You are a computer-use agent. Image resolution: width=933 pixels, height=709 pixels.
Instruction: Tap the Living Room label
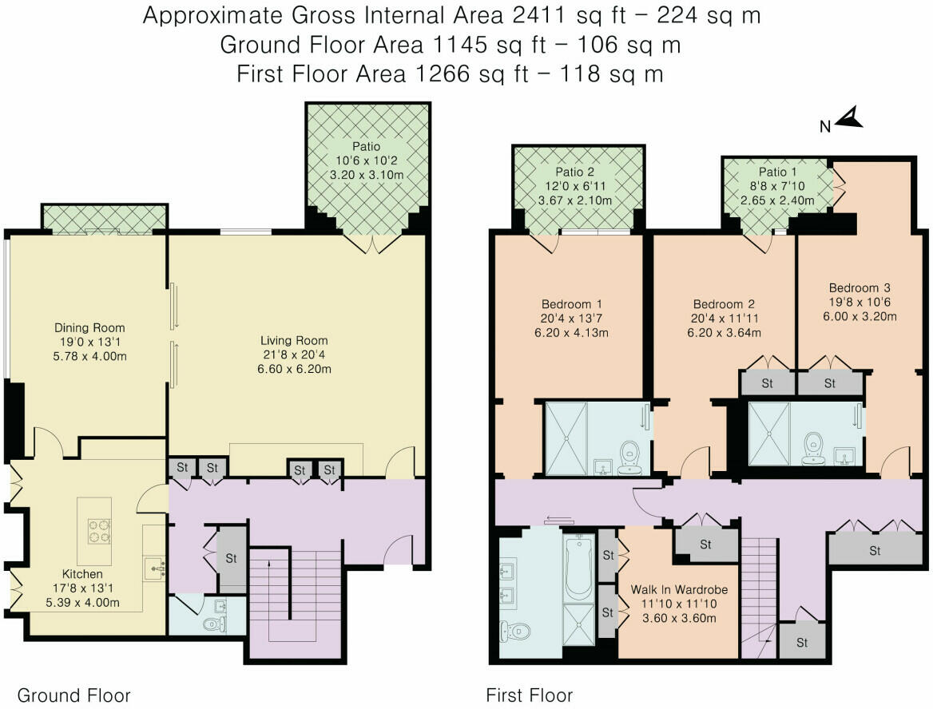pos(294,341)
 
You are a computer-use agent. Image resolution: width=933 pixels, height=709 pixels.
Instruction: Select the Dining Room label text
pos(89,327)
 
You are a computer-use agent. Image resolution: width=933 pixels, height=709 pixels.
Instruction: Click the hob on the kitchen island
pos(99,531)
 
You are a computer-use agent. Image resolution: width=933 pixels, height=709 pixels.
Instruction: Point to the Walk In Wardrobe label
pos(679,589)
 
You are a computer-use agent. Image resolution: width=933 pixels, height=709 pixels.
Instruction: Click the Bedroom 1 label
pos(571,304)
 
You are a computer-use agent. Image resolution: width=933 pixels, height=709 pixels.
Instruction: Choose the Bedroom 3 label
pos(860,288)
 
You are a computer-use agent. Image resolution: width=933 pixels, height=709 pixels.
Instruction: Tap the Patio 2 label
pos(575,172)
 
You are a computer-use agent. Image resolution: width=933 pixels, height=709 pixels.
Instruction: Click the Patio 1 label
pos(777,172)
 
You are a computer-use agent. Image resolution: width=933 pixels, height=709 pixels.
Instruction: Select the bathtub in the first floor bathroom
pos(578,567)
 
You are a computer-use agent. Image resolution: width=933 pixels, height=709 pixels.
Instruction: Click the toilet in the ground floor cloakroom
pos(214,624)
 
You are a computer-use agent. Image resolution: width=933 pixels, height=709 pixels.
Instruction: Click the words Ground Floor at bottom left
pos(73,695)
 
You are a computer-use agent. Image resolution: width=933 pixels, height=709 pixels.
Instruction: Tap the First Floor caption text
pos(529,695)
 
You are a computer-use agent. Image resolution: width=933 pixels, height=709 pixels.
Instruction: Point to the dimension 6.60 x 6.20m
pos(294,370)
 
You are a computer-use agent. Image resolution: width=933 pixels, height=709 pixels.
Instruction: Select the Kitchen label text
pos(82,574)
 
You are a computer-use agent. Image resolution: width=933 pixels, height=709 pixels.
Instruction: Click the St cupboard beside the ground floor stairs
pos(231,559)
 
